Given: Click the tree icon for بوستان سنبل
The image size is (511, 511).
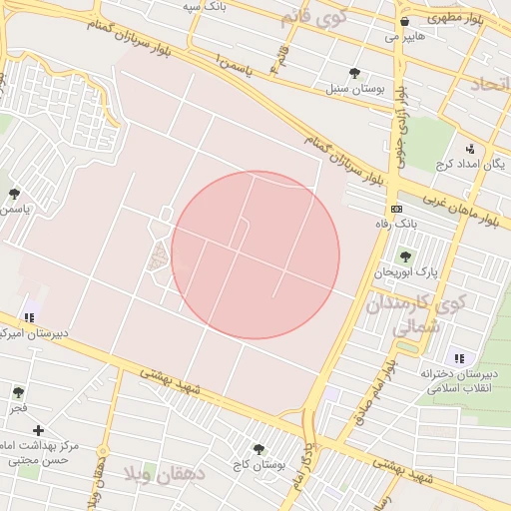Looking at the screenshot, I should (354, 72).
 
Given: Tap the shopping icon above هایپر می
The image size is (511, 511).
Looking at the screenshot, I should (403, 21).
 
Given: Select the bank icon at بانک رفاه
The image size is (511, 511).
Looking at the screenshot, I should (397, 209).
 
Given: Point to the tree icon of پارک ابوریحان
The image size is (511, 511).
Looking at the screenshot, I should (404, 256).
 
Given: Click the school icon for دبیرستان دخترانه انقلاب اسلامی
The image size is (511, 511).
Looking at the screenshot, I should (458, 357).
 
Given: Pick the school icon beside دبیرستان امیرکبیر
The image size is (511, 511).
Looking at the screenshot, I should (29, 317).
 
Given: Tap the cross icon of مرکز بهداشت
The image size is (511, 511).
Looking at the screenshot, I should (38, 430).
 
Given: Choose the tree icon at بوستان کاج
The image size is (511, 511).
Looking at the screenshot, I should (259, 449).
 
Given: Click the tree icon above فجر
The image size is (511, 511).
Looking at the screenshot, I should (18, 392).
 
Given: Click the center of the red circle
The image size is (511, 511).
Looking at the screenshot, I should (255, 255).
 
